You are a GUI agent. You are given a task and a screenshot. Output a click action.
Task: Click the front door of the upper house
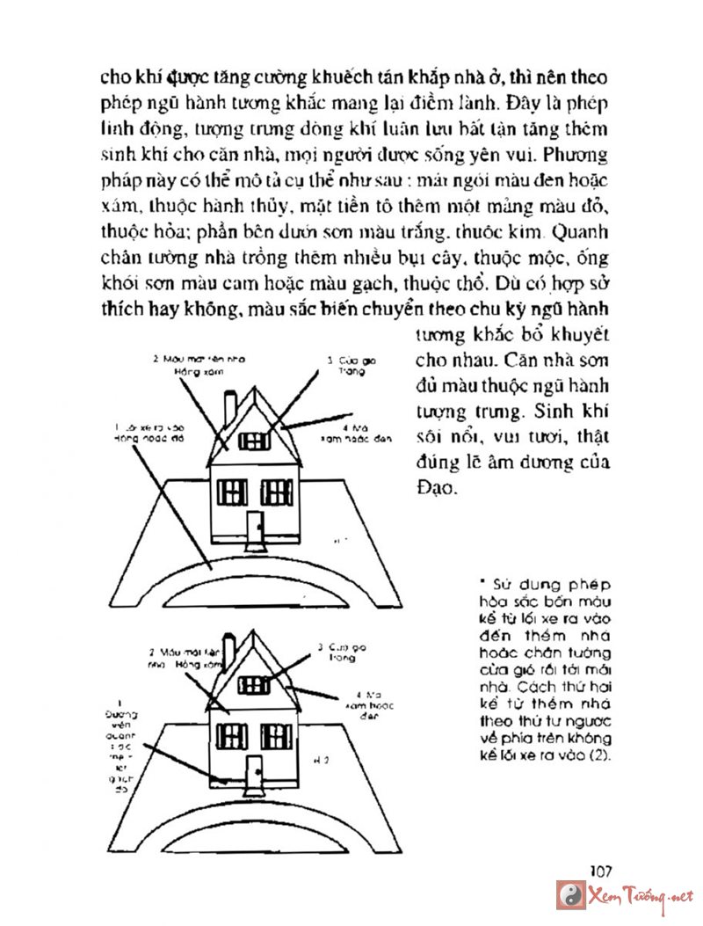coord(254,528)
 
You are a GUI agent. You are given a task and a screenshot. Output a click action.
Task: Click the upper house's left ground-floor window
coord(232,492)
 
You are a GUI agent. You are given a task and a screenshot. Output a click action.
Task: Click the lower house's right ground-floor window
coord(277,735)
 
